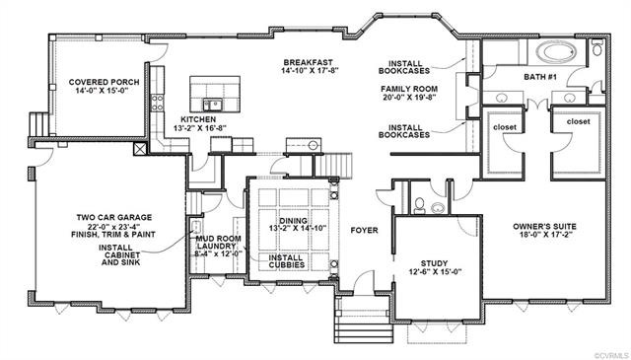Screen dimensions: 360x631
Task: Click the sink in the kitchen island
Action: click(212, 104)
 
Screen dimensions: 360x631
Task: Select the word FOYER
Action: click(367, 231)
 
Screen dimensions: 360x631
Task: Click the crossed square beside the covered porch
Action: click(140, 151)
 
